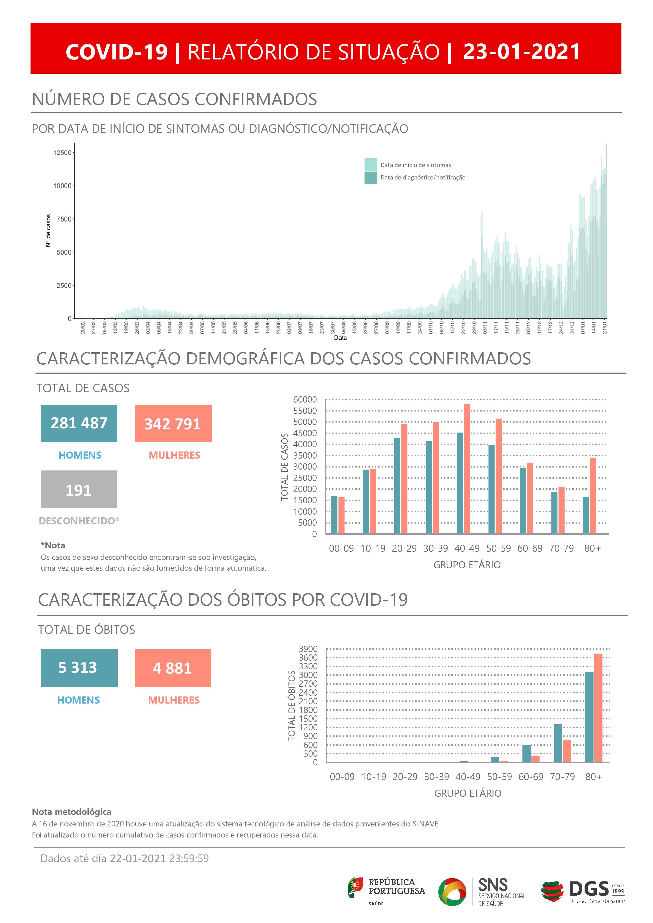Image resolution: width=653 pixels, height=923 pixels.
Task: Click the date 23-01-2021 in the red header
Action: (521, 52)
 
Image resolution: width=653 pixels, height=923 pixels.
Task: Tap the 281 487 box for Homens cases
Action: (79, 423)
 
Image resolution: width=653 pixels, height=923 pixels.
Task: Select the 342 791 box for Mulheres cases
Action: (173, 423)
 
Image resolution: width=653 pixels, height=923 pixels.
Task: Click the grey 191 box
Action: (79, 489)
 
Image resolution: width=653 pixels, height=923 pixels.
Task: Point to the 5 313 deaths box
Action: (79, 668)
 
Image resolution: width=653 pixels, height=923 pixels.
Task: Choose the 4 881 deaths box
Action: (173, 668)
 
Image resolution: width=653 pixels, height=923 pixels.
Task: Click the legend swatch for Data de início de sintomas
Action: (370, 165)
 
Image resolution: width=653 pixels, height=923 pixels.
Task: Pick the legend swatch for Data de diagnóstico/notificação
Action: (370, 178)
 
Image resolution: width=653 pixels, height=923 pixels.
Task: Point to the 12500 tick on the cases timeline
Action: (62, 153)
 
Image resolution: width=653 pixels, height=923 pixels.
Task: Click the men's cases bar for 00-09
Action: (334, 515)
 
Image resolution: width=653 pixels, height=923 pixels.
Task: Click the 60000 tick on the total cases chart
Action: (305, 400)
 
